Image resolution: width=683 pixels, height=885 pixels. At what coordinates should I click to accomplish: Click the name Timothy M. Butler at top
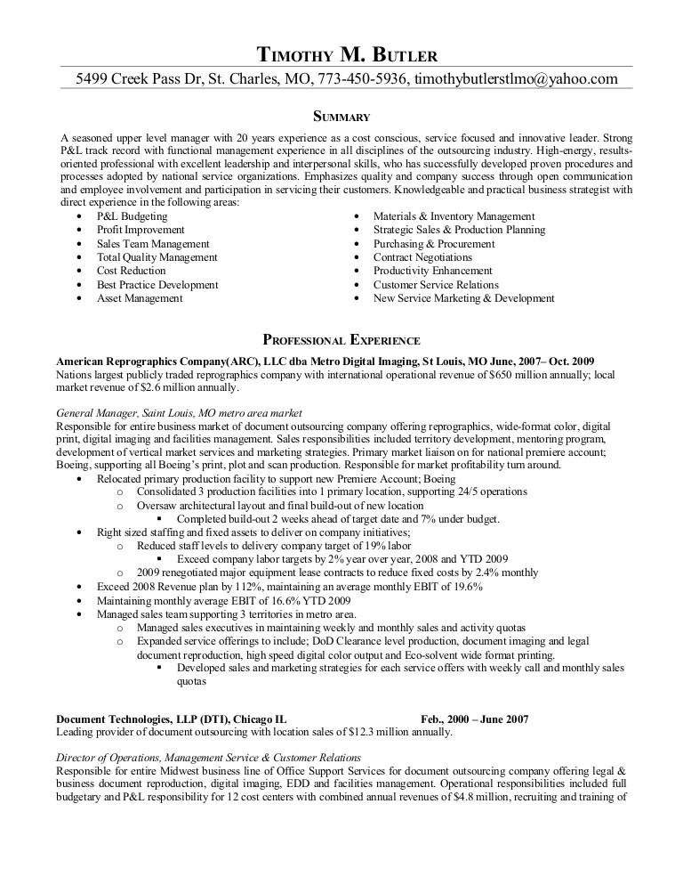click(347, 54)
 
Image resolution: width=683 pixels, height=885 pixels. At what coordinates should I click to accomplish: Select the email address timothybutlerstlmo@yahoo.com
click(516, 79)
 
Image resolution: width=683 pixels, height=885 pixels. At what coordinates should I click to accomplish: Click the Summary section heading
click(341, 117)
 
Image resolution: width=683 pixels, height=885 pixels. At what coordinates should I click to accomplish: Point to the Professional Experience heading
click(341, 340)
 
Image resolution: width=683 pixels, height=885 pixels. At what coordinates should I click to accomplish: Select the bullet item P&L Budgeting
click(132, 216)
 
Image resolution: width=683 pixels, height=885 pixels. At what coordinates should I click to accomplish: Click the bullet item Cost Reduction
click(132, 271)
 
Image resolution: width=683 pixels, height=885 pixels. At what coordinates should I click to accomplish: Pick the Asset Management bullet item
click(140, 298)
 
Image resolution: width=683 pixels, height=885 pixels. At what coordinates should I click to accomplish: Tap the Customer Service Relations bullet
click(436, 285)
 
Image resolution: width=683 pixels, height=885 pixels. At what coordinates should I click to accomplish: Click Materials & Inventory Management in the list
click(454, 216)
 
